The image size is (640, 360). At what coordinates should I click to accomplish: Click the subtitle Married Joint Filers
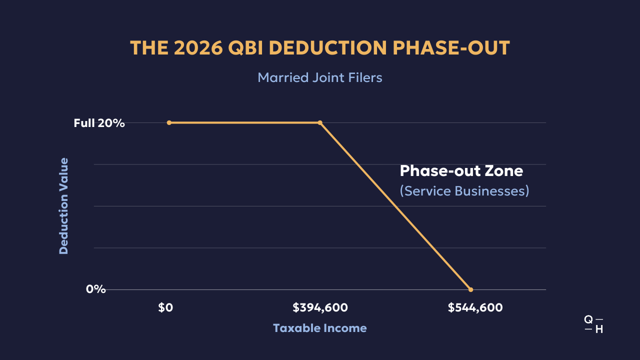click(320, 77)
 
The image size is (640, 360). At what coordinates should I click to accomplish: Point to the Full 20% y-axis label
click(99, 123)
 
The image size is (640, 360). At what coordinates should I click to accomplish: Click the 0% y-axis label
click(95, 289)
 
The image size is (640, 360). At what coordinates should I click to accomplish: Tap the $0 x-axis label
click(165, 307)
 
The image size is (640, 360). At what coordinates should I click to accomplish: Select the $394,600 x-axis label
click(320, 307)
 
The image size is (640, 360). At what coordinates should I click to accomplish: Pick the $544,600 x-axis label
click(475, 307)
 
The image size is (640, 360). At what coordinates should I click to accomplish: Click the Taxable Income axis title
click(320, 328)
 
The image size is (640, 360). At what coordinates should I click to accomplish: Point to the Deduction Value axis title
click(64, 206)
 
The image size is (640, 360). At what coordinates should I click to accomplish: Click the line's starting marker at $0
click(169, 122)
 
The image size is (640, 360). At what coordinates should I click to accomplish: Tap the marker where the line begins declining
click(320, 122)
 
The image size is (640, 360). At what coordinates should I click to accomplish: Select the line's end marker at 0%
click(470, 289)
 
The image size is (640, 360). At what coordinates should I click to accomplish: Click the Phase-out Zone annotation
click(461, 171)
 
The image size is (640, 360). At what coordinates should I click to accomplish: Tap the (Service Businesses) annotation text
click(464, 191)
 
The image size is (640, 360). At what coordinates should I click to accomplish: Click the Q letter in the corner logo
click(588, 319)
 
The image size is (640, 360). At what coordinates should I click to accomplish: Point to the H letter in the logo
click(599, 329)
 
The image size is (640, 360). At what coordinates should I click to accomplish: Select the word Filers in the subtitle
click(365, 77)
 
